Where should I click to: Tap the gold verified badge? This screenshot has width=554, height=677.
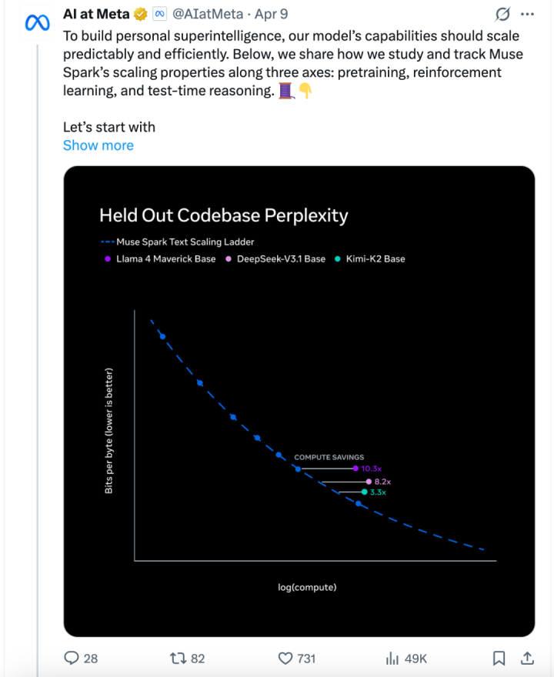(x=141, y=14)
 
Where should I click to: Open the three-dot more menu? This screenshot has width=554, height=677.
(x=526, y=14)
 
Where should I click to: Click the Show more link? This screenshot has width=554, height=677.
(x=98, y=145)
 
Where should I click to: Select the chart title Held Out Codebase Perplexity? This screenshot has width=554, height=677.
(x=223, y=215)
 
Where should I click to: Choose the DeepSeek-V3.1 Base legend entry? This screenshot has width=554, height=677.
(x=275, y=258)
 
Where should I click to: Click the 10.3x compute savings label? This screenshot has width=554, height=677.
(x=372, y=469)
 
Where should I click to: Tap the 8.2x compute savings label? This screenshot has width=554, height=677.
(x=382, y=482)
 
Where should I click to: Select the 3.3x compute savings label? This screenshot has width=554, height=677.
(x=378, y=492)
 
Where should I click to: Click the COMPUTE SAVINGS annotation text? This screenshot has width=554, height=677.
(x=329, y=458)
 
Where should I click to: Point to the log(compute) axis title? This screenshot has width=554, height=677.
(x=307, y=588)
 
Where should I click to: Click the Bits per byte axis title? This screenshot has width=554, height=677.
(x=109, y=431)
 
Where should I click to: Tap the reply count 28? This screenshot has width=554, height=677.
(x=91, y=658)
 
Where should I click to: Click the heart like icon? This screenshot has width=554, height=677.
(x=285, y=658)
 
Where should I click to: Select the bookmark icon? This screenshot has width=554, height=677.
(x=499, y=658)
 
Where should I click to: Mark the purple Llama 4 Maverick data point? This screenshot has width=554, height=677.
(x=355, y=468)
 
